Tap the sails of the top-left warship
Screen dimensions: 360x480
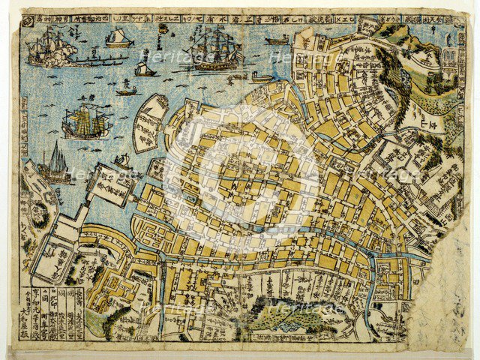(x=41, y=43)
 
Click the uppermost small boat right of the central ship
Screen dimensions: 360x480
(x=276, y=39)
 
